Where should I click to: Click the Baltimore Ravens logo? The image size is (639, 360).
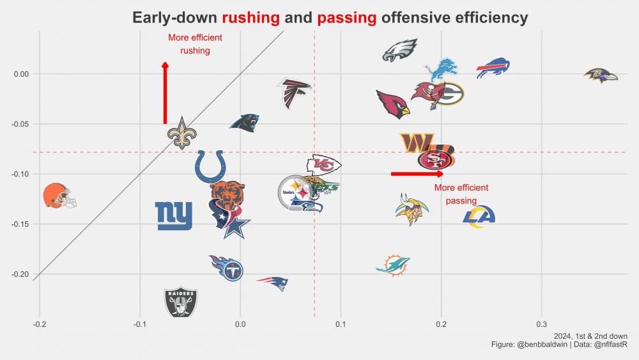pyautogui.click(x=601, y=75)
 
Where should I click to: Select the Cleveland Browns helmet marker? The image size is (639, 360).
pyautogui.click(x=59, y=195)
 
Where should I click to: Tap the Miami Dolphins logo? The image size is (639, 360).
pyautogui.click(x=393, y=264)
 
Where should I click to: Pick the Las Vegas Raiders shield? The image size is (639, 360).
pyautogui.click(x=181, y=301)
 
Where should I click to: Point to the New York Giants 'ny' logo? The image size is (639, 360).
pyautogui.click(x=174, y=215)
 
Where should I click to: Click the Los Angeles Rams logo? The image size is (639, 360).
pyautogui.click(x=479, y=215)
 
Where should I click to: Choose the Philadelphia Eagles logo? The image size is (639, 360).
pyautogui.click(x=400, y=51)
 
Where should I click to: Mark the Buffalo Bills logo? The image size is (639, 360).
pyautogui.click(x=493, y=68)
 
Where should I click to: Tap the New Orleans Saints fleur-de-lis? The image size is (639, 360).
pyautogui.click(x=182, y=133)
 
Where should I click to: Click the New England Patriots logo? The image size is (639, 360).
pyautogui.click(x=273, y=282)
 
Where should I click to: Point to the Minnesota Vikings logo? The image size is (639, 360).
pyautogui.click(x=408, y=209)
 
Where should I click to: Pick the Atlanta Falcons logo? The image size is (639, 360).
pyautogui.click(x=294, y=93)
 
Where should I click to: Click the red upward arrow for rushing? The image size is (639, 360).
pyautogui.click(x=166, y=93)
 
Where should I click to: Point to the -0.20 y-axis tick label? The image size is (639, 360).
pyautogui.click(x=22, y=274)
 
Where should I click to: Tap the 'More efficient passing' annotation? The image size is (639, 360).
pyautogui.click(x=461, y=194)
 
